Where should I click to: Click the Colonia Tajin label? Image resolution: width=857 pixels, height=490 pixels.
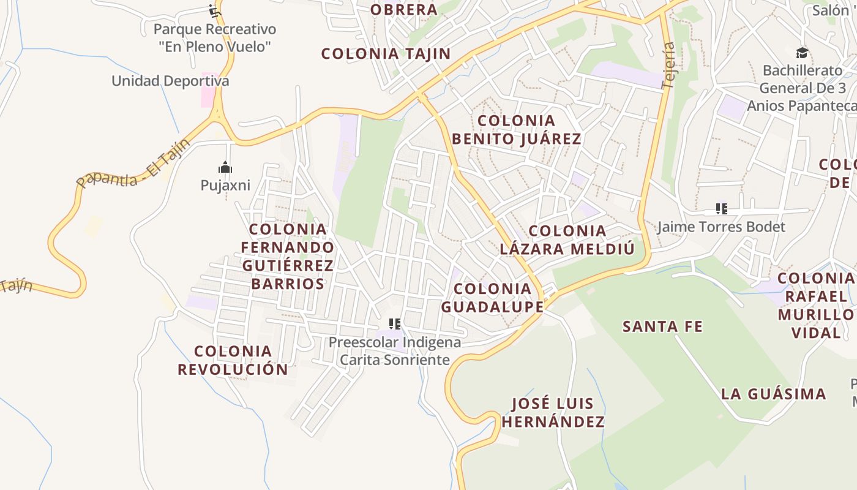[386, 54]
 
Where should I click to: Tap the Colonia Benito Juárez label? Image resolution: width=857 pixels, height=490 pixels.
[517, 130]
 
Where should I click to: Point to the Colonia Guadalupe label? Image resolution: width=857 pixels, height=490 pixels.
[492, 298]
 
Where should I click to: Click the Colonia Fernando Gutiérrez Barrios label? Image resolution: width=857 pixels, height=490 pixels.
[288, 257]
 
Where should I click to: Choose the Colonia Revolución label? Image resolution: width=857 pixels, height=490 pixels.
[233, 360]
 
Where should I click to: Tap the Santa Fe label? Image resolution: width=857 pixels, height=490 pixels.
[662, 326]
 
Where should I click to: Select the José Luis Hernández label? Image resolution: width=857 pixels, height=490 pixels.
[553, 412]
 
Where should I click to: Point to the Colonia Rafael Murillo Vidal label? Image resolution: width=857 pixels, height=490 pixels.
[815, 306]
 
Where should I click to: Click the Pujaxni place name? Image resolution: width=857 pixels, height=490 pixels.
[225, 185]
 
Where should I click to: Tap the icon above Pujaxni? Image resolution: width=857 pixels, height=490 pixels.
[225, 167]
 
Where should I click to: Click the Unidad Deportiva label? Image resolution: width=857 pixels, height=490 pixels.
[170, 81]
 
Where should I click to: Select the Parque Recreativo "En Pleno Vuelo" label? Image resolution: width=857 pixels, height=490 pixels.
[214, 37]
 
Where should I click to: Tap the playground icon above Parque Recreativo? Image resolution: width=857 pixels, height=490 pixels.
[214, 10]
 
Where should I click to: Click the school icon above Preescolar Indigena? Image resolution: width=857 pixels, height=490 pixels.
[395, 323]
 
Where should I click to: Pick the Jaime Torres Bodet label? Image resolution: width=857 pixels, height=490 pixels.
[720, 227]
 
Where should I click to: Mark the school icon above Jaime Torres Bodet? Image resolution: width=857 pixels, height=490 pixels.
[722, 209]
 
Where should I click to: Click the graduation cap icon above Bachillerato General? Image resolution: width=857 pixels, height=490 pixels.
[802, 53]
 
